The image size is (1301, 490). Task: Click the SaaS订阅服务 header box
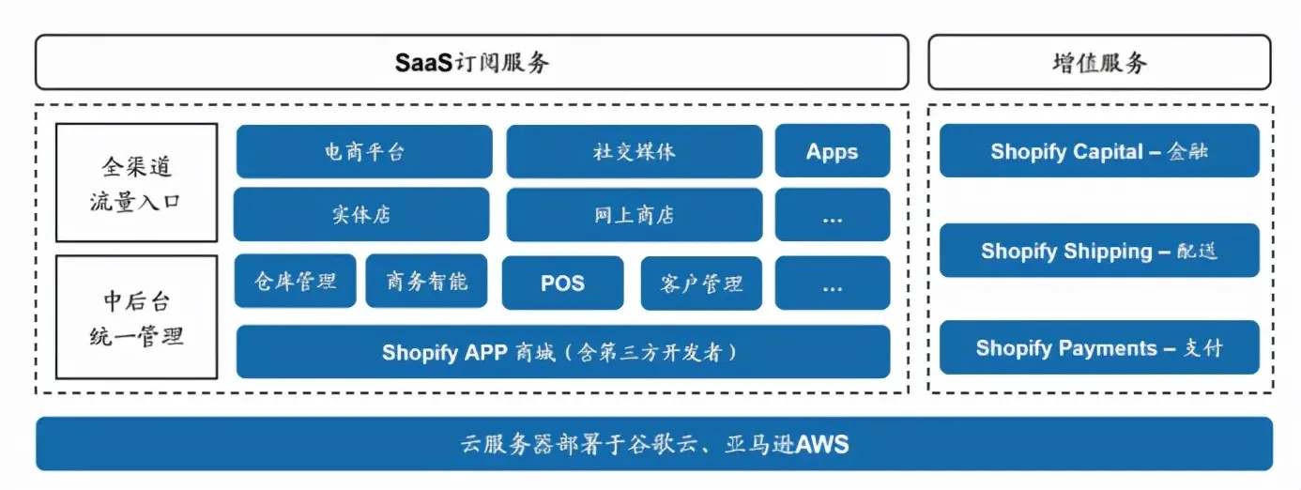point(471,62)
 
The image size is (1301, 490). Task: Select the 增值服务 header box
point(1099,62)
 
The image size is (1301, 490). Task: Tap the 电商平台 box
point(364,151)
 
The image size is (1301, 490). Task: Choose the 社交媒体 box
point(634,151)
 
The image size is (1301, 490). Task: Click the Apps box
point(832,151)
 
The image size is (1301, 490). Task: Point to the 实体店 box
point(361,214)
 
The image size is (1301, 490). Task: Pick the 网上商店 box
point(634,215)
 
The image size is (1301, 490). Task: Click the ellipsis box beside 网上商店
point(832,215)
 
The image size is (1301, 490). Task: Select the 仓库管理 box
point(295,281)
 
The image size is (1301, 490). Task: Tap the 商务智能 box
point(426,281)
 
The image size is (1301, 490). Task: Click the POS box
point(562,283)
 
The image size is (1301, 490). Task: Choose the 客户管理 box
point(701,283)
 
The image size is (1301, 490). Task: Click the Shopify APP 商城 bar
point(562,352)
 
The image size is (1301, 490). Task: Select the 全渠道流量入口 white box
point(136,183)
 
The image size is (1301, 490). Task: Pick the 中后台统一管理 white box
point(136,317)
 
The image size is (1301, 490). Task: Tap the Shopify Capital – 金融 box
point(1099,151)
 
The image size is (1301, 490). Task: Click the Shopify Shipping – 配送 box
point(1099,251)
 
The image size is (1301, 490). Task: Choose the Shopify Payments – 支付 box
point(1099,348)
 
